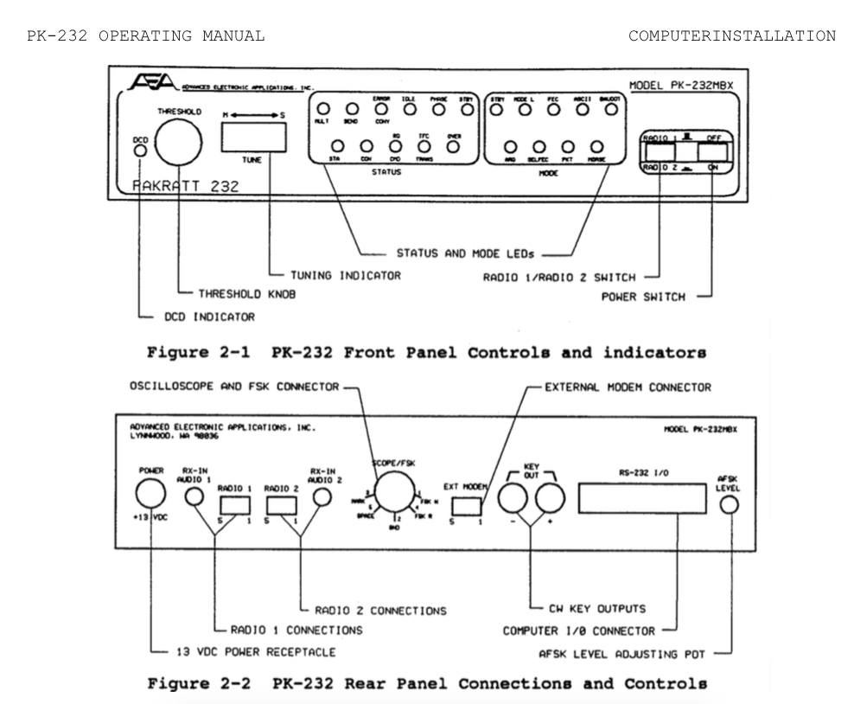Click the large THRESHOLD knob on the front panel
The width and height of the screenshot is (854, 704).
178,143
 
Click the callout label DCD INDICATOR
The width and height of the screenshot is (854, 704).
202,317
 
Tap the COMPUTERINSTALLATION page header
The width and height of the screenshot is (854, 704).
731,36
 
